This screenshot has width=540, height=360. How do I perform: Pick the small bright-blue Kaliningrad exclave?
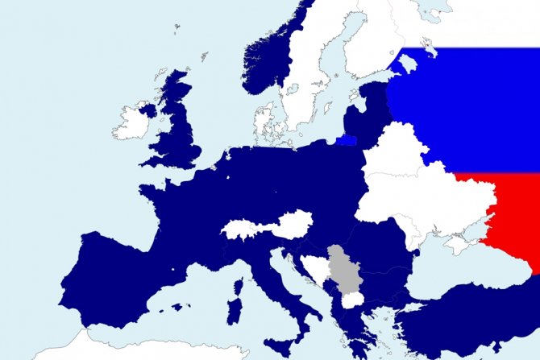coord(347,139)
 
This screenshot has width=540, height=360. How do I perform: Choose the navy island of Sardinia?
coord(236,312)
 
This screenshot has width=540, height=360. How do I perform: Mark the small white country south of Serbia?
coord(353,300)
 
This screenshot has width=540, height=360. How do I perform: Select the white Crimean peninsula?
coord(458,244)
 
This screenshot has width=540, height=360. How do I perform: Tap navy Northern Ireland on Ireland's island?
coord(146,110)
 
